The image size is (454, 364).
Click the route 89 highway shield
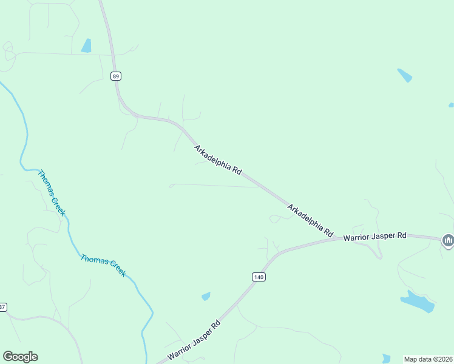coord(116,76)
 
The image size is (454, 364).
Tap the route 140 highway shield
coord(259,277)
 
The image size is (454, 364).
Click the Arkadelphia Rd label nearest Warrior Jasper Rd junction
coord(310,220)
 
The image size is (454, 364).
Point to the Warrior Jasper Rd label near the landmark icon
coord(374,236)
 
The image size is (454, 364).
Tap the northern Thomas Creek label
coord(52,193)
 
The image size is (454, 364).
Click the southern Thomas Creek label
coord(103,265)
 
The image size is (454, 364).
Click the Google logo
coord(20,357)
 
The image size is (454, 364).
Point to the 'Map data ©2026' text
coord(429,359)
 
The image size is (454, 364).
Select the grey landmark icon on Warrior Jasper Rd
coord(448,241)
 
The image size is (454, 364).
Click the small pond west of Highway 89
coord(86,45)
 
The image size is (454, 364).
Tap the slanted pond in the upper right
coord(404,75)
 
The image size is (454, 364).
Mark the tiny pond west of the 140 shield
coord(206,296)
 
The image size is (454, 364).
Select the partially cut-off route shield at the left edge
coord(2,307)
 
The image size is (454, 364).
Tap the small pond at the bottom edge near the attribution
coord(386,358)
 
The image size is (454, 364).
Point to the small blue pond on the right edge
coord(451,105)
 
